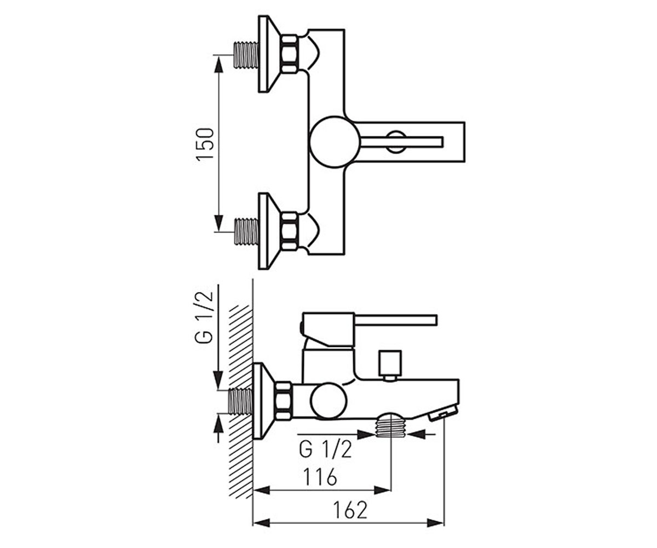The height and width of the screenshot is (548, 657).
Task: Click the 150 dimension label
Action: [205, 144]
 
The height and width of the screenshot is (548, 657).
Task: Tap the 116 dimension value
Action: [320, 477]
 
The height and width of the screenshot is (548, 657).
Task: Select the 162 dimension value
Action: [350, 510]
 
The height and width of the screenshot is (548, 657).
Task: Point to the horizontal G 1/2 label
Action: [325, 449]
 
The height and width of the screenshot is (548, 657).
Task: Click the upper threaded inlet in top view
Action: [246, 55]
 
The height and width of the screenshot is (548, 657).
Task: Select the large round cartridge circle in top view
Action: [335, 142]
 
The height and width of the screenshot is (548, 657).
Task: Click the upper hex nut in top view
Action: [290, 54]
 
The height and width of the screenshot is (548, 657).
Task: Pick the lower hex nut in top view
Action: [290, 231]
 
